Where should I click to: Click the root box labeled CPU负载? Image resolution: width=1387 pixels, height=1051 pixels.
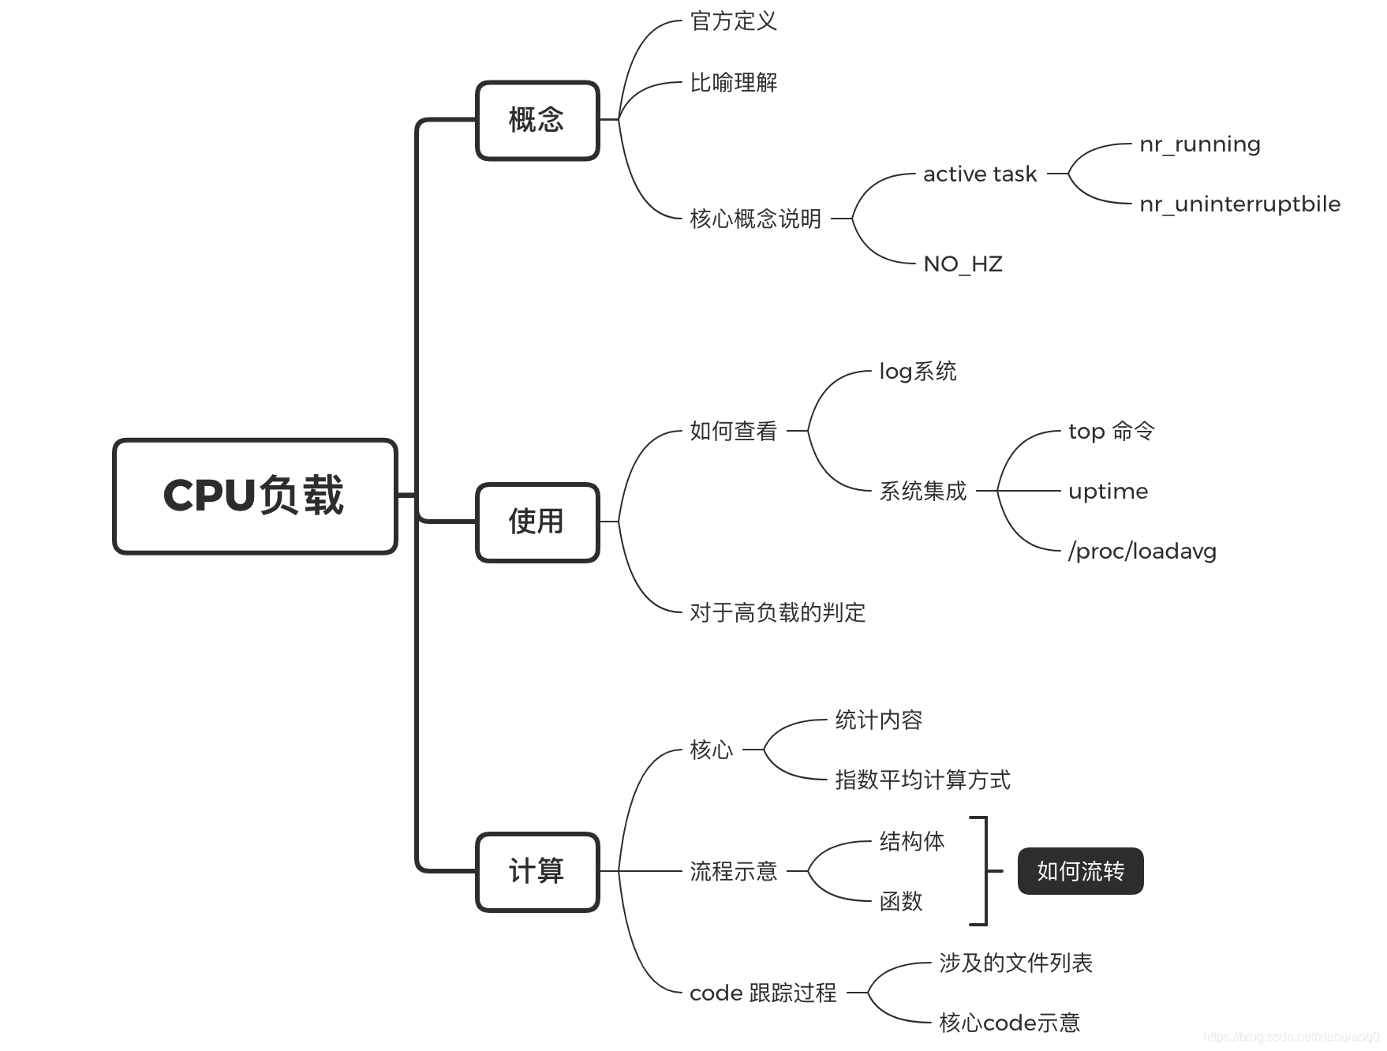coord(255,496)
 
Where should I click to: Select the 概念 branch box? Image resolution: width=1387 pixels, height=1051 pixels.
coord(537,120)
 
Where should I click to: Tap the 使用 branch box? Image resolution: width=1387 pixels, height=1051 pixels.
coord(537,522)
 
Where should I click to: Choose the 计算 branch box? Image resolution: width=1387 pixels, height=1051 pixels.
coord(537,871)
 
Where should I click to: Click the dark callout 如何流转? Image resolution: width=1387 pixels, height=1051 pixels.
coord(1080,871)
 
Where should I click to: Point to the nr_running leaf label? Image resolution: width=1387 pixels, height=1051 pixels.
coord(1199,144)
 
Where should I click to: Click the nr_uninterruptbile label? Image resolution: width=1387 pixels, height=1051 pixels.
coord(1239,204)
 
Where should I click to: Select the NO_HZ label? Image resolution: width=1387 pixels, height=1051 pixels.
coord(963,264)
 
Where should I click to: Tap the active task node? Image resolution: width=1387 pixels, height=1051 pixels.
coord(979,174)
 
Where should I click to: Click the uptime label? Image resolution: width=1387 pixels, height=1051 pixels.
coord(1108,492)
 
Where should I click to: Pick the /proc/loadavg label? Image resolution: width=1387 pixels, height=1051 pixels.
coord(1142,552)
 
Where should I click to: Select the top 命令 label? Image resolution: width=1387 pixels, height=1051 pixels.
coord(1111,432)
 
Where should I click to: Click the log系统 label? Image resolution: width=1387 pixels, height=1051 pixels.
coord(918,372)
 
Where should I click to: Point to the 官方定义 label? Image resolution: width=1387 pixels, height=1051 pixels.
coord(733,21)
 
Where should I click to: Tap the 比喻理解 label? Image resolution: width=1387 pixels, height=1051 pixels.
coord(733,82)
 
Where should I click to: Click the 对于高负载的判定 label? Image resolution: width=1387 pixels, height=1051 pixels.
coord(777,612)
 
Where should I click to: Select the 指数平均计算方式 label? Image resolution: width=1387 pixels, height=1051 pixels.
coord(922,780)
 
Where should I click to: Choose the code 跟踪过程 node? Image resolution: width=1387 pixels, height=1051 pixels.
coord(762,993)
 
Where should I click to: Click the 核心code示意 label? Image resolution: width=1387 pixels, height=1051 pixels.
coord(1009,1023)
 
